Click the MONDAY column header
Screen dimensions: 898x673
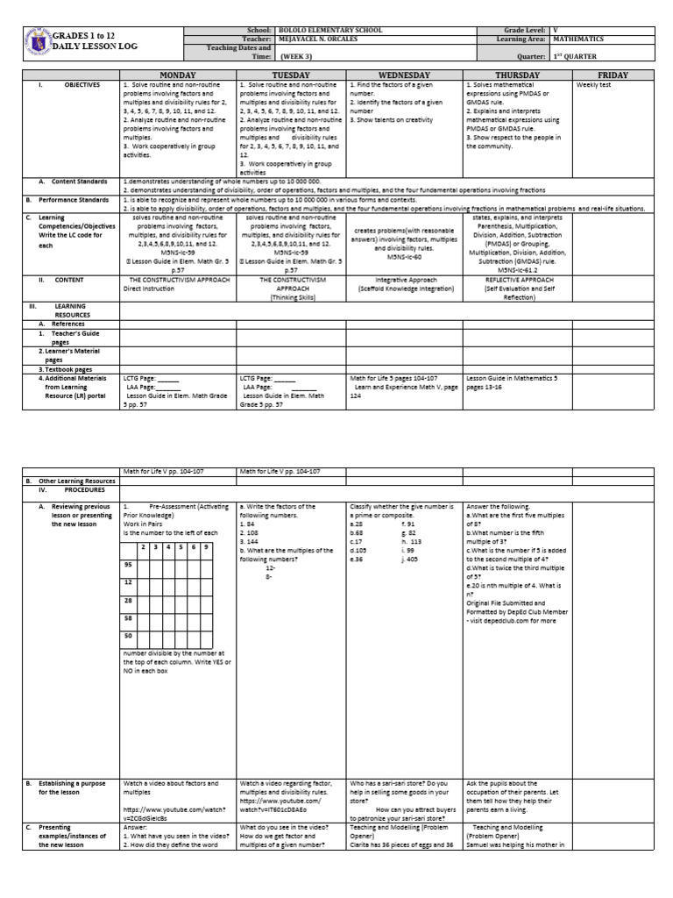[178, 75]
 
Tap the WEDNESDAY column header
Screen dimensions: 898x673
[405, 75]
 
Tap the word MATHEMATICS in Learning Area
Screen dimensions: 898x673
[582, 39]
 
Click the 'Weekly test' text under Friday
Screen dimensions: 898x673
[593, 85]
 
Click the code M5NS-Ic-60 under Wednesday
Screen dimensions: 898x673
[404, 258]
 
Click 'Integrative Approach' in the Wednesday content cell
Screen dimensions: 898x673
[405, 280]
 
